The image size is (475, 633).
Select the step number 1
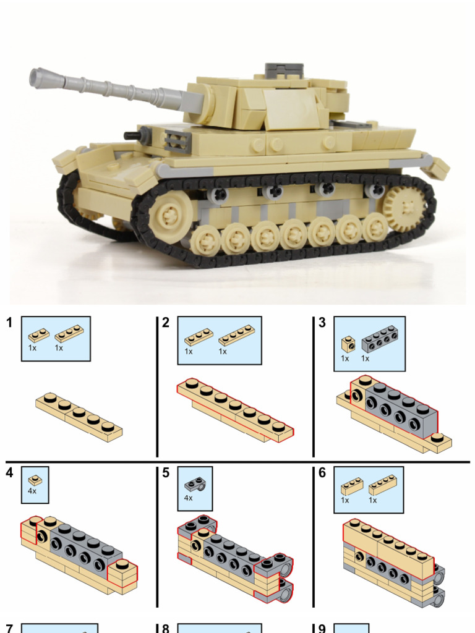(x=9, y=323)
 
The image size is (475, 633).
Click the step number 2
(x=166, y=323)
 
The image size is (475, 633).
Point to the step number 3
(x=322, y=323)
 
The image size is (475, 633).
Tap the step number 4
(x=9, y=474)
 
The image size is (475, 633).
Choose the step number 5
(x=166, y=474)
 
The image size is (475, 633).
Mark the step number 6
(x=322, y=474)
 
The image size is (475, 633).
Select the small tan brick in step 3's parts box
(x=348, y=343)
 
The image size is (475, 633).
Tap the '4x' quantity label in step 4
(x=32, y=491)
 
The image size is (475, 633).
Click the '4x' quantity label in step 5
(x=189, y=498)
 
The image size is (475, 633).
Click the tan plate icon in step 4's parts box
(x=35, y=478)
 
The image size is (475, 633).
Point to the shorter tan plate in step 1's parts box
(x=38, y=335)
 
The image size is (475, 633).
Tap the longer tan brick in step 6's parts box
(x=382, y=484)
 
